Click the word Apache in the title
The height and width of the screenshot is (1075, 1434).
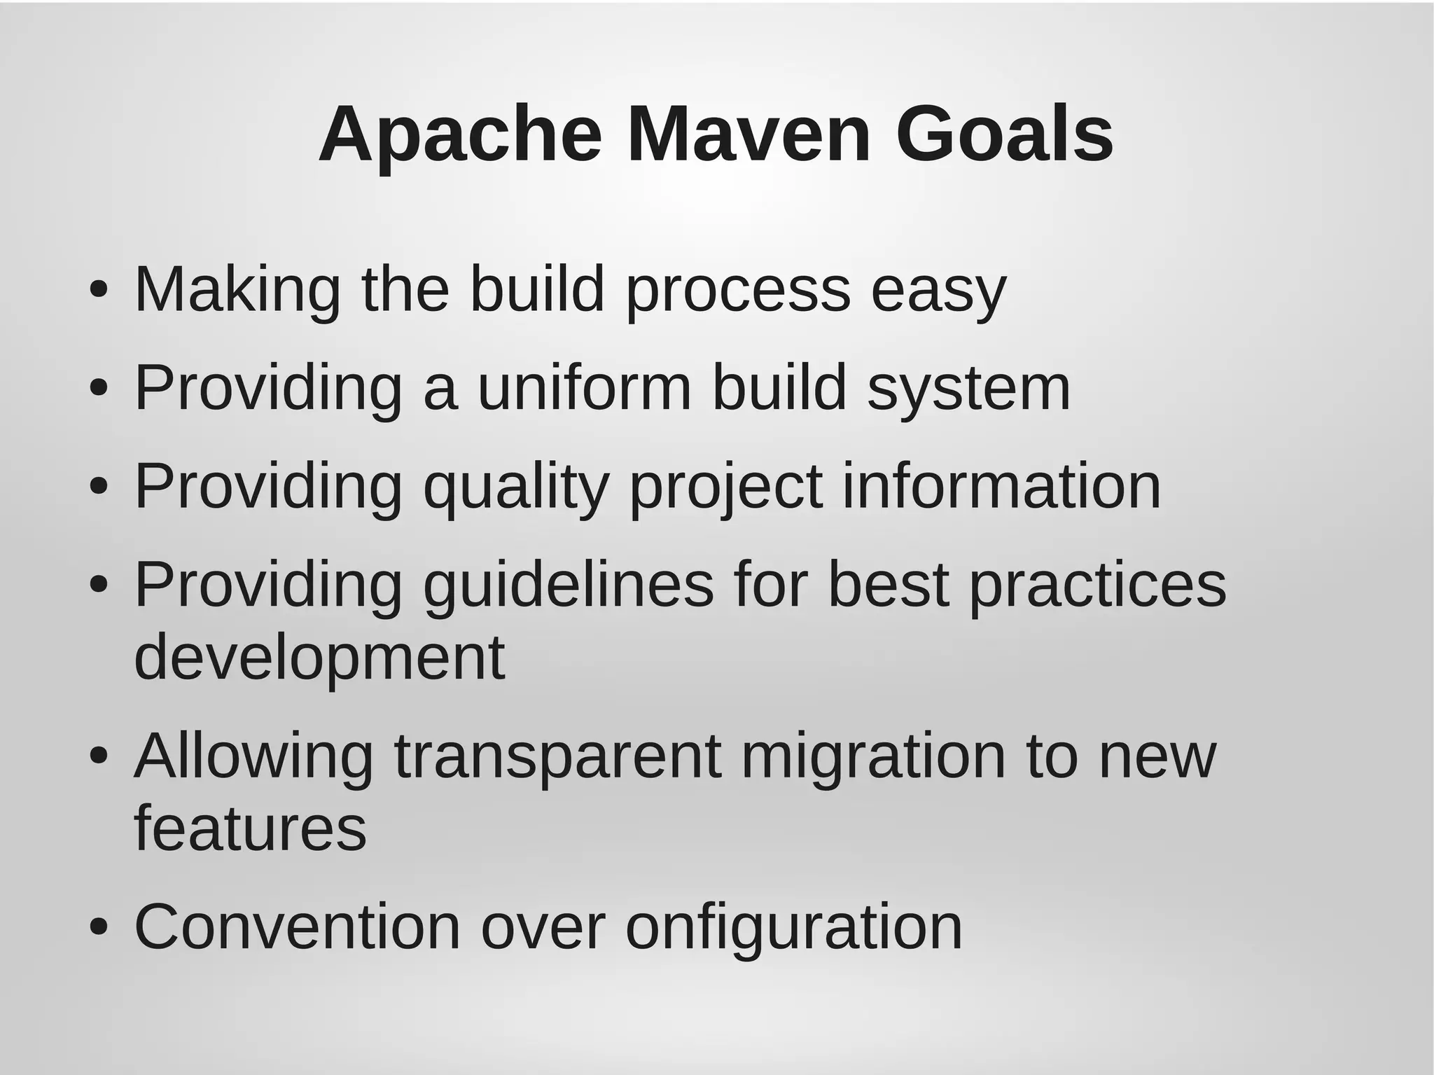coord(460,134)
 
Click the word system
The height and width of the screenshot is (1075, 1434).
coord(969,390)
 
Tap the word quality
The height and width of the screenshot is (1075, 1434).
coord(516,489)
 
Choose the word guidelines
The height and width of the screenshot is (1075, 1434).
coord(569,587)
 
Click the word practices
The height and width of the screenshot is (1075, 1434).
coord(1097,587)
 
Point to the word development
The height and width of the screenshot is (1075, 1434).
coord(319,659)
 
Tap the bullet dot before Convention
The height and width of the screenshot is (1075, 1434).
coord(99,927)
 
